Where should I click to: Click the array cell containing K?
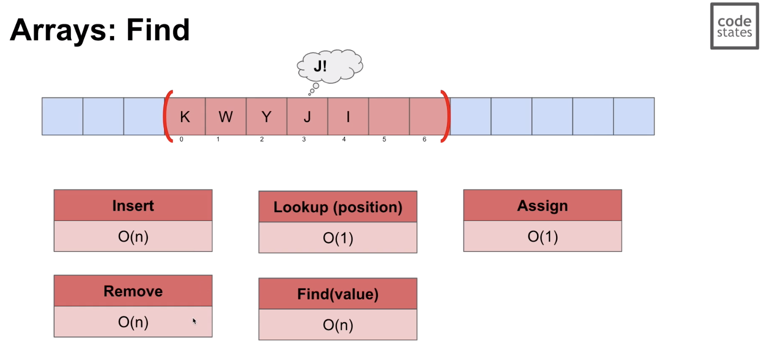click(x=185, y=116)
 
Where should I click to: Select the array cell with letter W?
click(x=226, y=116)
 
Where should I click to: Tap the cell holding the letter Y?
click(x=266, y=116)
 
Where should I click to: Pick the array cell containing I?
click(x=348, y=116)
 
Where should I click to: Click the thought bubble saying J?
click(x=329, y=66)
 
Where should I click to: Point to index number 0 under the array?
click(x=181, y=139)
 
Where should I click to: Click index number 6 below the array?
click(x=424, y=139)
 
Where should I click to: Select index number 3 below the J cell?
click(x=304, y=139)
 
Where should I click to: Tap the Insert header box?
click(x=133, y=205)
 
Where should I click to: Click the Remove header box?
click(x=133, y=291)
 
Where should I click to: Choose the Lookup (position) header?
click(x=338, y=206)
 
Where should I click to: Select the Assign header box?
click(x=542, y=205)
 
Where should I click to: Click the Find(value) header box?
click(x=338, y=293)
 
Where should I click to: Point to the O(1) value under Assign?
click(x=542, y=236)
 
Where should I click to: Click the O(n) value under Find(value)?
click(x=338, y=325)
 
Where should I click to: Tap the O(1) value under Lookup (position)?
click(x=338, y=238)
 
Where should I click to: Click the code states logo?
click(x=734, y=26)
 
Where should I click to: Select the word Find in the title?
click(x=158, y=30)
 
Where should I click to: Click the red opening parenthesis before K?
click(x=167, y=116)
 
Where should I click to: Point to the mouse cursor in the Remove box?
click(x=194, y=321)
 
